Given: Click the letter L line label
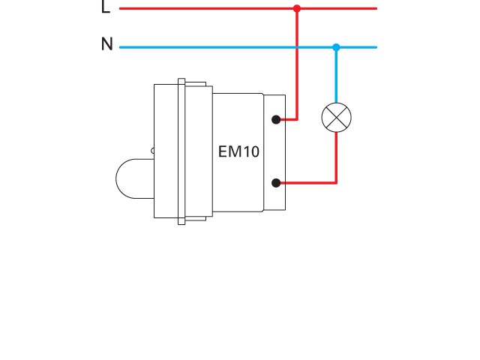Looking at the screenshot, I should click(105, 8).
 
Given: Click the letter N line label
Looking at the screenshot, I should click(106, 45).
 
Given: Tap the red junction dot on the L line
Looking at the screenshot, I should click(297, 8).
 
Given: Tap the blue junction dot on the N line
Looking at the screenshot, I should click(336, 47).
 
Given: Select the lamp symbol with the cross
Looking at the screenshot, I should click(336, 117).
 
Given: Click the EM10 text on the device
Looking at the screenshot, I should click(238, 151).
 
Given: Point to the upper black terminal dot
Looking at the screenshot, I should click(276, 119).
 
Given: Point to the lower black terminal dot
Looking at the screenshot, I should click(276, 182).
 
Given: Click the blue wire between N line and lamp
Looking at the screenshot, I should click(336, 75).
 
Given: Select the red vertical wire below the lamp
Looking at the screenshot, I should click(336, 157).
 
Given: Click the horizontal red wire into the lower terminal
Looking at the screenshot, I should click(307, 182).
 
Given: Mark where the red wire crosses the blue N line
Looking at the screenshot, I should click(297, 47).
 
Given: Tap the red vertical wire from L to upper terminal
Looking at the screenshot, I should click(297, 82).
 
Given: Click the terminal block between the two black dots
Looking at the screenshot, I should click(276, 151).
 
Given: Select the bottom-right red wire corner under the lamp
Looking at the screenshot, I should click(336, 182).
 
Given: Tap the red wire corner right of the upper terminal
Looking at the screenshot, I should click(297, 119).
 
